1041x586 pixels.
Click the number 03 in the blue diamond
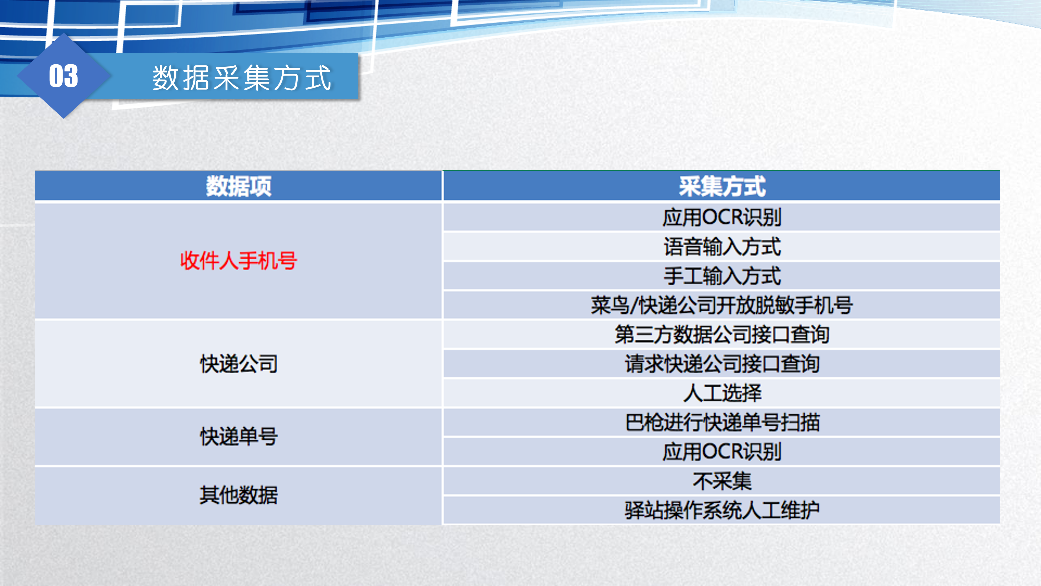[63, 76]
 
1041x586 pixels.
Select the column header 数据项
[239, 186]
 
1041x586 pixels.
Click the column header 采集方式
[722, 186]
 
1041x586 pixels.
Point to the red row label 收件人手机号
[239, 260]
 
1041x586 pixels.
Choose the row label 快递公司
[239, 364]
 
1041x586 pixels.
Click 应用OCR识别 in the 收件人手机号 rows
[722, 217]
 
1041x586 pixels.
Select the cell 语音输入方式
[722, 246]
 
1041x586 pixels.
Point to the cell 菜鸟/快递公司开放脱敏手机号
[722, 305]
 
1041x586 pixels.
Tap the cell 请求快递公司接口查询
[722, 364]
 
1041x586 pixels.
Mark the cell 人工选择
[722, 393]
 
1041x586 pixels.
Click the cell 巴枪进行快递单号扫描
[722, 422]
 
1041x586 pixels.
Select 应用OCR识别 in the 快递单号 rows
[722, 451]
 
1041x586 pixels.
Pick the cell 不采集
[722, 481]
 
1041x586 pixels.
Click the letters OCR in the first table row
[722, 217]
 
